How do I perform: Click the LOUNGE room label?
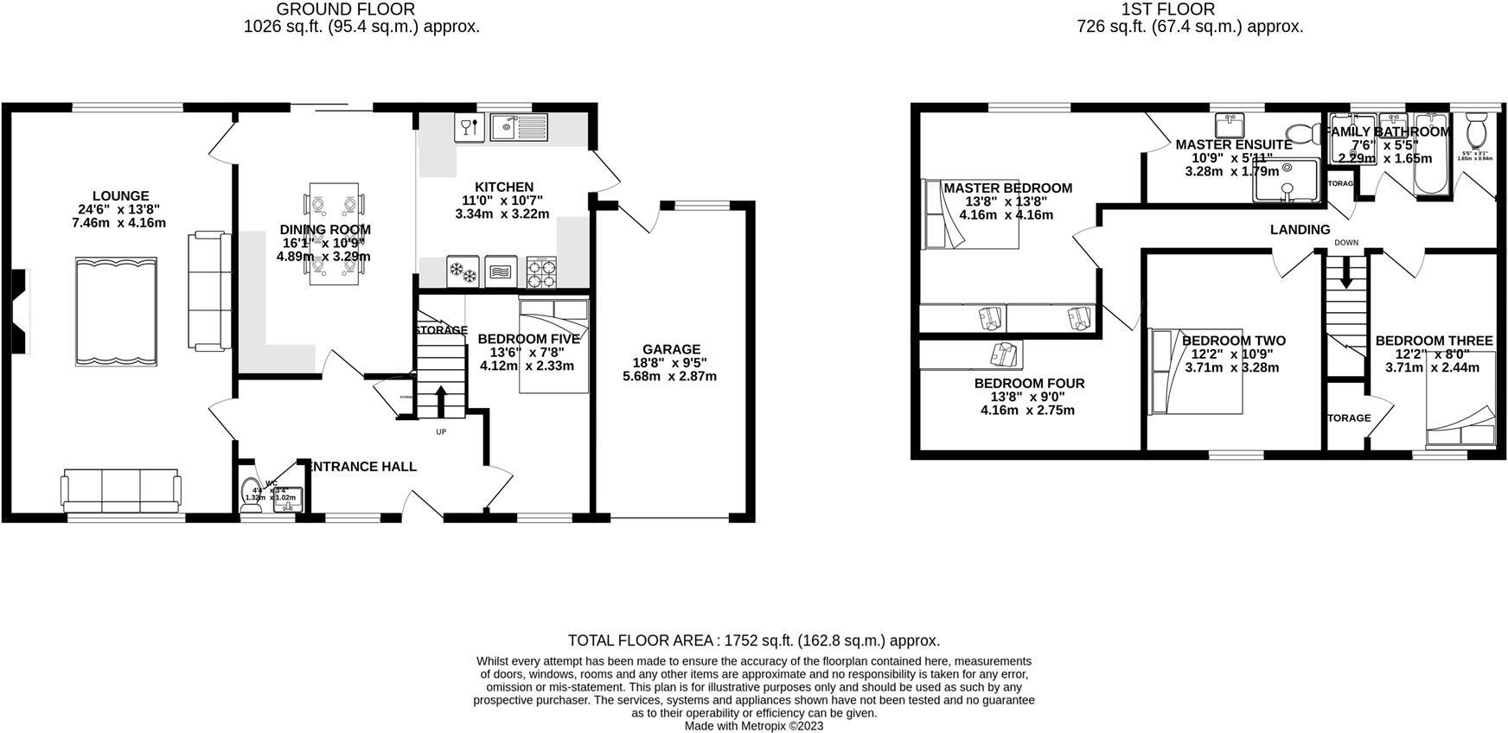pyautogui.click(x=121, y=196)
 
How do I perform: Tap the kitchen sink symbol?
pyautogui.click(x=518, y=127)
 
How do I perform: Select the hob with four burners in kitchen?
pyautogui.click(x=541, y=271)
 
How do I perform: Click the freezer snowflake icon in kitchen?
pyautogui.click(x=462, y=271)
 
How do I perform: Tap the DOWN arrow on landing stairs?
pyautogui.click(x=1345, y=276)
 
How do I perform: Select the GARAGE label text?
pyautogui.click(x=671, y=349)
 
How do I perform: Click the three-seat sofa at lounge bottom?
pyautogui.click(x=121, y=490)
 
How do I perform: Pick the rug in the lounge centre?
pyautogui.click(x=116, y=311)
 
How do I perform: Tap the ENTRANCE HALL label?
pyautogui.click(x=362, y=467)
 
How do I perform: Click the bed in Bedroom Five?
pyautogui.click(x=553, y=346)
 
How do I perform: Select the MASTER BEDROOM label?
pyautogui.click(x=1007, y=188)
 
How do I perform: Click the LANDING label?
pyautogui.click(x=1300, y=229)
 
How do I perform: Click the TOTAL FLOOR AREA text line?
pyautogui.click(x=753, y=641)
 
